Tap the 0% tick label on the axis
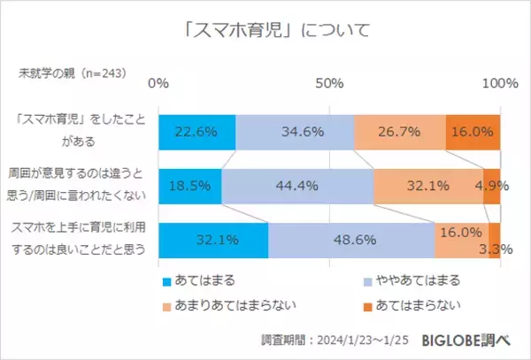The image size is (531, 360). pyautogui.click(x=158, y=83)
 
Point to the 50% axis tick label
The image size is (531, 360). pyautogui.click(x=329, y=83)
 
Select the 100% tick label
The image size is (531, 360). pyautogui.click(x=501, y=83)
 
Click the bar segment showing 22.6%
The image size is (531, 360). pyautogui.click(x=197, y=133)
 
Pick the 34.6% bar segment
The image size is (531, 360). pyautogui.click(x=295, y=133)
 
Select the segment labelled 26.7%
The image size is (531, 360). pyautogui.click(x=399, y=133)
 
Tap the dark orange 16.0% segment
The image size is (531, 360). pyautogui.click(x=473, y=133)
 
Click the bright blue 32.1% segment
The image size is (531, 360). pyautogui.click(x=213, y=240)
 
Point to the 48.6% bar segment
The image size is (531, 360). pyautogui.click(x=351, y=240)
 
